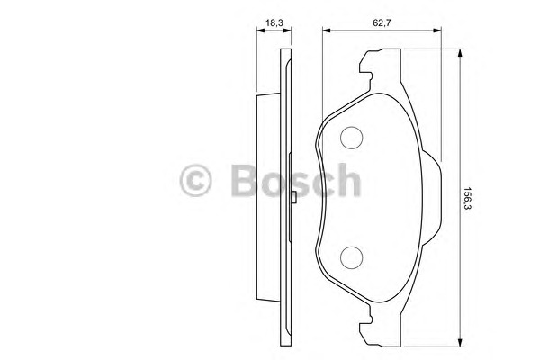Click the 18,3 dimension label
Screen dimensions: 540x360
[274, 23]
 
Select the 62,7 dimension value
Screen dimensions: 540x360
[382, 23]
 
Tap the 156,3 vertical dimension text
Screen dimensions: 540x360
[467, 198]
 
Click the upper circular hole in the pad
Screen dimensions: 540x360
[351, 138]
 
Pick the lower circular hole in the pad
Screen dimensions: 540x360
[351, 257]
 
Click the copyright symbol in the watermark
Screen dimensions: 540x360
[195, 180]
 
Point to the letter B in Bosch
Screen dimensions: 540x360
[245, 180]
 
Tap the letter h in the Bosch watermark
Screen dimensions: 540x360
[348, 180]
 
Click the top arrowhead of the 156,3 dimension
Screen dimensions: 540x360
[460, 53]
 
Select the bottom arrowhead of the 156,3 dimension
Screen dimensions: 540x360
[460, 342]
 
